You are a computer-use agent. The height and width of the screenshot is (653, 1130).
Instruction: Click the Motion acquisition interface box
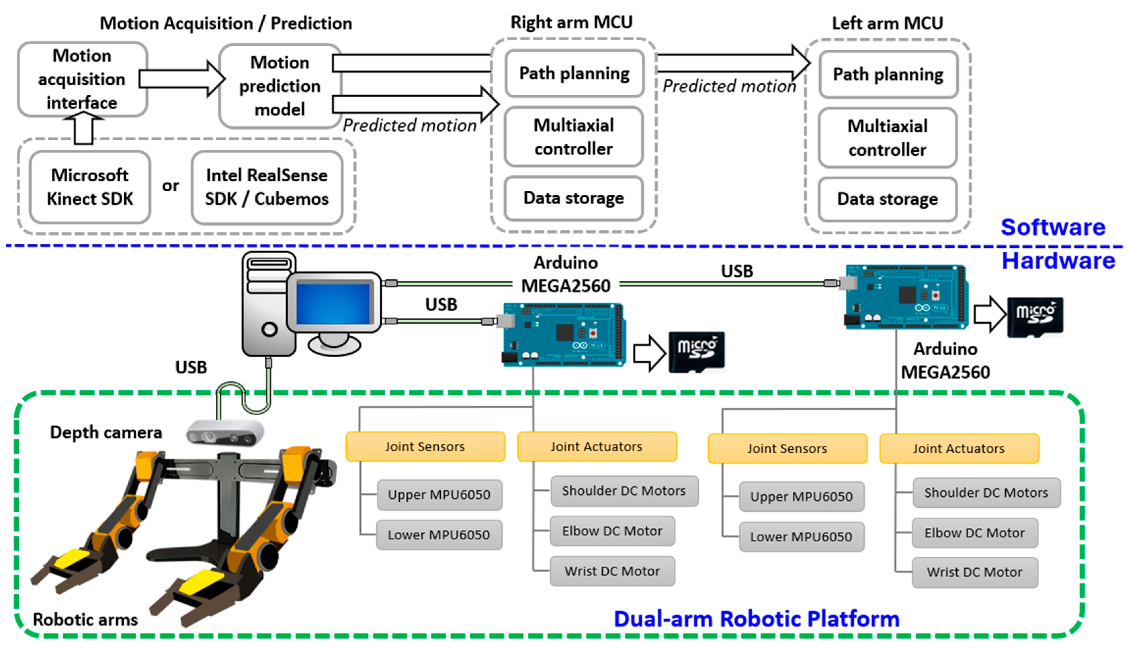[82, 79]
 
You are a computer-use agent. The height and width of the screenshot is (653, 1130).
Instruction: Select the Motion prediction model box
[279, 86]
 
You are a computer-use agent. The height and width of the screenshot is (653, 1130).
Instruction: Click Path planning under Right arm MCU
[574, 74]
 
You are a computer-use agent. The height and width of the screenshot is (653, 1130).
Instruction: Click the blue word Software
[1052, 227]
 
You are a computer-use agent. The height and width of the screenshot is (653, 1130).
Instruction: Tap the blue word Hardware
[1058, 261]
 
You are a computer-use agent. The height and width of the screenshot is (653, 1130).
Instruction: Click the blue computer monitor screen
[333, 303]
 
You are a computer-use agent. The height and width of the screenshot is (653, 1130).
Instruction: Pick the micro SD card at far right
[1035, 316]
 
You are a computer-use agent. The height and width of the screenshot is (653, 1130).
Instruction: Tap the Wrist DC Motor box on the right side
[974, 572]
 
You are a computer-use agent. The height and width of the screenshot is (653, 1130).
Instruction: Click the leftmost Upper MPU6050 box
[439, 495]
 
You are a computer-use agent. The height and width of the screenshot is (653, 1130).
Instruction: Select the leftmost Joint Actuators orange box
[596, 447]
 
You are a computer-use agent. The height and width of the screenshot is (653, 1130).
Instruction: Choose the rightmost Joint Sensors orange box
[787, 449]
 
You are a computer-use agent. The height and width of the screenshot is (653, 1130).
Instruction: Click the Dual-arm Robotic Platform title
[756, 619]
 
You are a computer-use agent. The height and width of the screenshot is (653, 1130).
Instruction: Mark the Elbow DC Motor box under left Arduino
[612, 531]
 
